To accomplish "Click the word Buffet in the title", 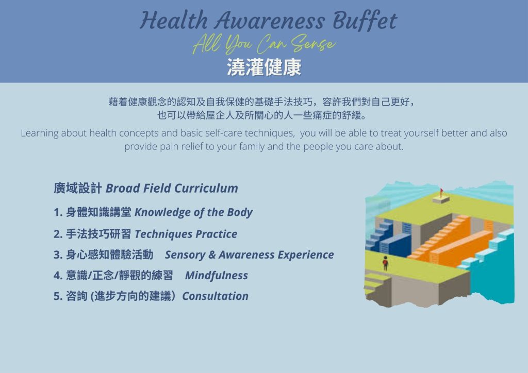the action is click(365, 21).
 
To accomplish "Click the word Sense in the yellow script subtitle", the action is click(313, 44).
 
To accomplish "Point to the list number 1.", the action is click(58, 212).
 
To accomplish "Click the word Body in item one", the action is click(239, 213).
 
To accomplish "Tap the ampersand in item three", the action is click(212, 255).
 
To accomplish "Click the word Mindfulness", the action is click(217, 276).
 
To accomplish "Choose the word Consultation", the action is click(215, 296).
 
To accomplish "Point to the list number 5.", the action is click(58, 296).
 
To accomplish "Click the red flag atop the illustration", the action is click(441, 191).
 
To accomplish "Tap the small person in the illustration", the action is click(385, 263).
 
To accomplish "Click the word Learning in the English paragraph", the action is click(39, 133).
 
